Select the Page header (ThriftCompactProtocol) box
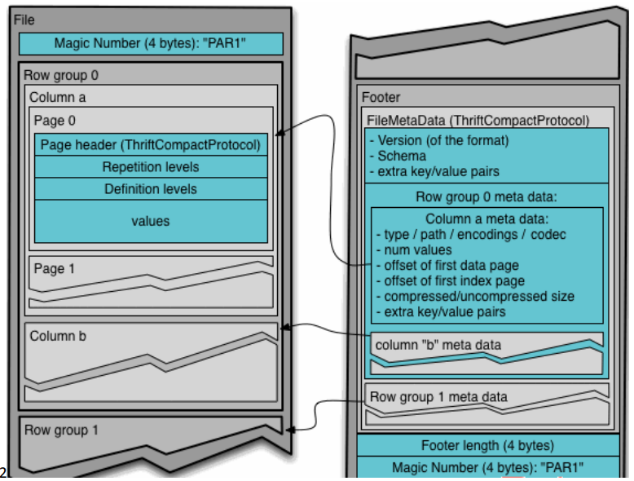[x=151, y=145]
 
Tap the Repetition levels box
[x=151, y=167]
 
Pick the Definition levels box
[x=151, y=189]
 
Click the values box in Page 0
[x=151, y=221]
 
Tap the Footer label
[x=381, y=98]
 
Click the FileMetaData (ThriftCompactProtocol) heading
[x=478, y=121]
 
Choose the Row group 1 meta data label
[x=438, y=397]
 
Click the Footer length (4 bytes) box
[x=487, y=445]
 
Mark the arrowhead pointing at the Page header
[x=280, y=135]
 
